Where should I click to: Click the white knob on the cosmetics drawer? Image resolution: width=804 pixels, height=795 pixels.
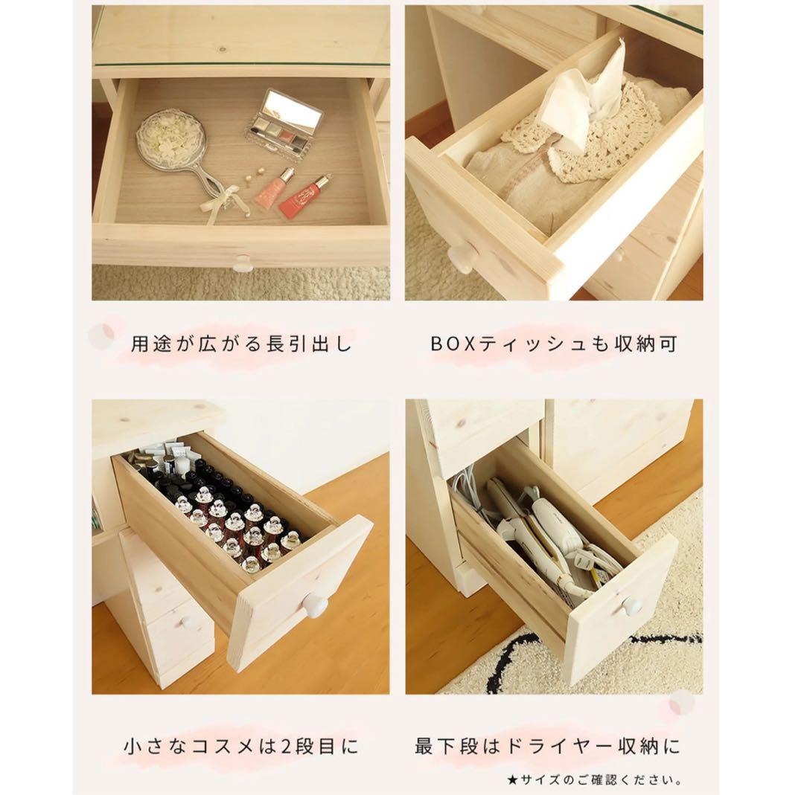pyautogui.click(x=316, y=605)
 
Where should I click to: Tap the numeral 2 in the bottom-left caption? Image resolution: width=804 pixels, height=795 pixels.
pyautogui.click(x=287, y=747)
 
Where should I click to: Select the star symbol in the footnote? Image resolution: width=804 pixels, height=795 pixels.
pyautogui.click(x=512, y=781)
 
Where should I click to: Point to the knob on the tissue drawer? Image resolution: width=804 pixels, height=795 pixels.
pyautogui.click(x=461, y=255)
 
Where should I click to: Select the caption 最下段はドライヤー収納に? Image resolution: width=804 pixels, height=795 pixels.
pyautogui.click(x=548, y=747)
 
